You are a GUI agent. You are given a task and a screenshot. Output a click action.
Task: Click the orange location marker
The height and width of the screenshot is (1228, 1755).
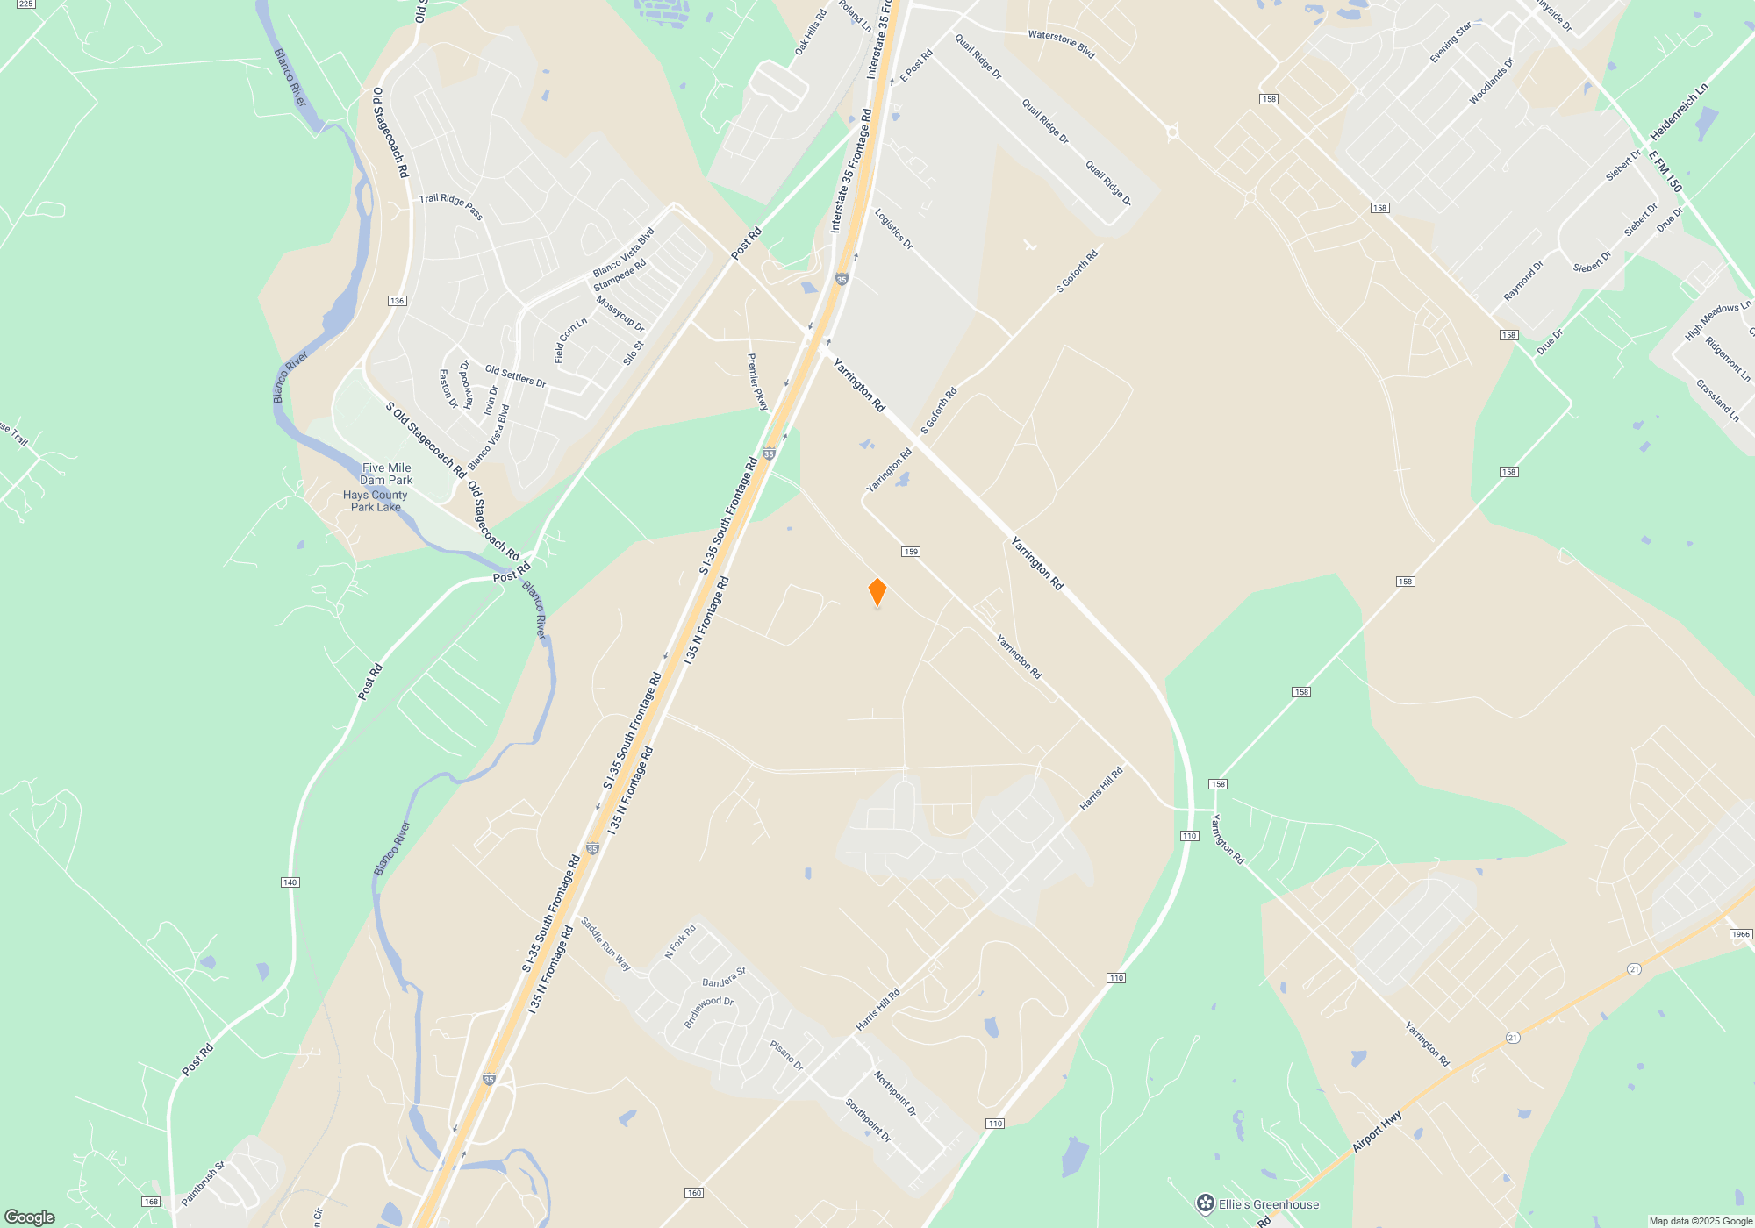[877, 592]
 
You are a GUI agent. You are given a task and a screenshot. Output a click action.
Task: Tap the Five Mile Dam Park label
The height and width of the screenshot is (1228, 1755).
[386, 474]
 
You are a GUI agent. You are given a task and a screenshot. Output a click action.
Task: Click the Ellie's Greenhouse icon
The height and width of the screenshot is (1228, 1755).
[1206, 1203]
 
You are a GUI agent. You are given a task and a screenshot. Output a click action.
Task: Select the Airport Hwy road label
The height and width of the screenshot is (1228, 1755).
[1377, 1132]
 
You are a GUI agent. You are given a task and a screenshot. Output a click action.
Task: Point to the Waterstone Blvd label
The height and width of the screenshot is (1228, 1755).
[1061, 44]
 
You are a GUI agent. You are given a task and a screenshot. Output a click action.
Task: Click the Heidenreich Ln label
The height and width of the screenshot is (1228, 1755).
[1679, 112]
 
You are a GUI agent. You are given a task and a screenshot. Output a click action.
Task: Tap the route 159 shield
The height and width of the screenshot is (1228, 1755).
[910, 552]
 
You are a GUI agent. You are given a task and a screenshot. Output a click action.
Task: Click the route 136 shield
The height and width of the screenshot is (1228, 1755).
[397, 301]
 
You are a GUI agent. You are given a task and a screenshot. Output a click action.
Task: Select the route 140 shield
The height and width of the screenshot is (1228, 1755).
[290, 882]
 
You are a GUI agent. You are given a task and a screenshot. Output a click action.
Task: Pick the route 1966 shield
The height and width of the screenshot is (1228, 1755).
[1741, 934]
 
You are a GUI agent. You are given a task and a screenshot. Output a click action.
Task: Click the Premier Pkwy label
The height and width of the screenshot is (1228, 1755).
[757, 382]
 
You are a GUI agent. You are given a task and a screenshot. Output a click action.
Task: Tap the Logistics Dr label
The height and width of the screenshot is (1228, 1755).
[893, 229]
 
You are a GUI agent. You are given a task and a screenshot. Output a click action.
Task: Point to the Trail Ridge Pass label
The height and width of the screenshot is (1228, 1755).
[451, 206]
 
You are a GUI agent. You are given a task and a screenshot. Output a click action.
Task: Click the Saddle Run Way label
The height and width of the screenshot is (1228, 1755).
[605, 944]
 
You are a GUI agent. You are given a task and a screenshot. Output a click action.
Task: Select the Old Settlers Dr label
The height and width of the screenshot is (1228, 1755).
[515, 376]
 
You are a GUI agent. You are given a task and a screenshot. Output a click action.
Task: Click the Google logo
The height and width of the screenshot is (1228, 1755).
[30, 1217]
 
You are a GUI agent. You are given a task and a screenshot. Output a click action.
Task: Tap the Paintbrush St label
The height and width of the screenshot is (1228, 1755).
[204, 1183]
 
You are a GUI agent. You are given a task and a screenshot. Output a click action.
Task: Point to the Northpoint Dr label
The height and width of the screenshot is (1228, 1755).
[895, 1093]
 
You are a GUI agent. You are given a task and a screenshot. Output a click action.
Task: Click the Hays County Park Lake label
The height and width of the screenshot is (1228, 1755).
[376, 501]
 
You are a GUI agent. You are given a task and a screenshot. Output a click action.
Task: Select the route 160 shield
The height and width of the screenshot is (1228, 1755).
[693, 1193]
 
